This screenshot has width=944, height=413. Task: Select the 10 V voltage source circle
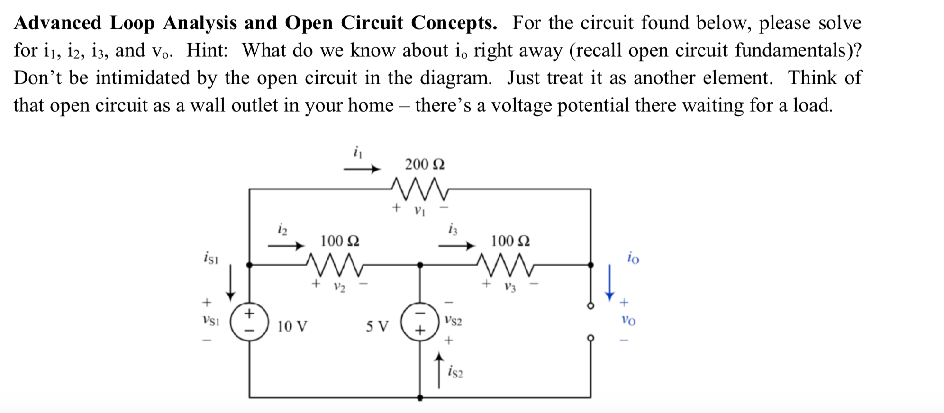click(249, 322)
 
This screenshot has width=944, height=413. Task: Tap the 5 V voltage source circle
click(420, 322)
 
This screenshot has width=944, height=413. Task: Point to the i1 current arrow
click(362, 169)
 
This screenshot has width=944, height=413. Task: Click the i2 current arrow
click(286, 245)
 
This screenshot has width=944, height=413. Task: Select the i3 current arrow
click(456, 245)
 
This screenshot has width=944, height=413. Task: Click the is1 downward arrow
click(230, 283)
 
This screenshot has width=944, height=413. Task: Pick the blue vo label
click(628, 321)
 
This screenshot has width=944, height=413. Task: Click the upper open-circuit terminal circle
click(590, 306)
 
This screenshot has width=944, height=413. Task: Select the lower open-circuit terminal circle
click(590, 338)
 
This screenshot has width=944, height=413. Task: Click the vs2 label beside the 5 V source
click(453, 321)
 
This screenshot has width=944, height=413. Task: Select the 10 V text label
click(292, 326)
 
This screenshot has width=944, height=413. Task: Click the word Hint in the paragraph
click(207, 50)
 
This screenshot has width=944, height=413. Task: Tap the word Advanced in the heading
click(58, 23)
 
